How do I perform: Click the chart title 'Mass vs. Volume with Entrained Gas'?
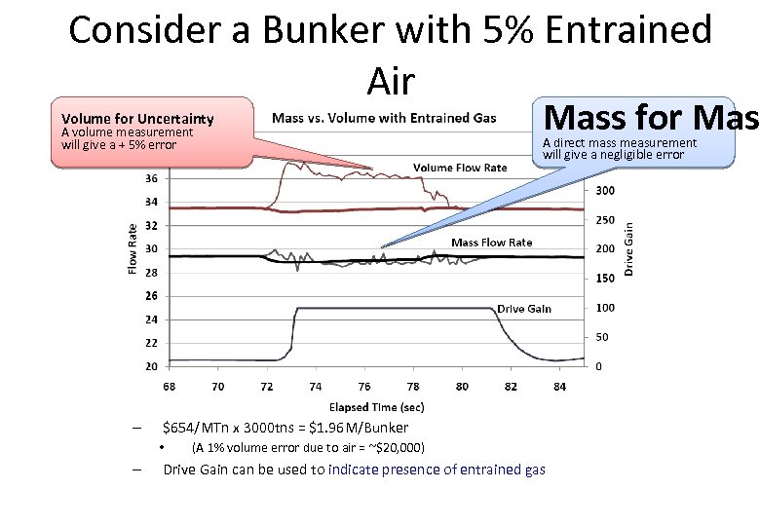coord(384,119)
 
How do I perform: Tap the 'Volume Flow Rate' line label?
coord(459,168)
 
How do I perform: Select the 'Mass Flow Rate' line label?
coord(491,242)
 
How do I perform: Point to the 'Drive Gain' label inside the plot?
coord(523,309)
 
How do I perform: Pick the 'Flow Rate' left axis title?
coord(133,248)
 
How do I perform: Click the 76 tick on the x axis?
coord(364,386)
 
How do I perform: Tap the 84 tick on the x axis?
coord(558,386)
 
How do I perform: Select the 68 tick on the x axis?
coord(169,386)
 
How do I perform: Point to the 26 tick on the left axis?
coord(151,296)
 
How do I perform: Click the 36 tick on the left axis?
coord(151,179)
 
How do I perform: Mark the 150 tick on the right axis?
coord(604,279)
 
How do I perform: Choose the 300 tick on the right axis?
coord(604,191)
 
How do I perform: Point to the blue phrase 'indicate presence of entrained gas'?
coord(437,470)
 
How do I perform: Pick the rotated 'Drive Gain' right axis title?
coord(628,249)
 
